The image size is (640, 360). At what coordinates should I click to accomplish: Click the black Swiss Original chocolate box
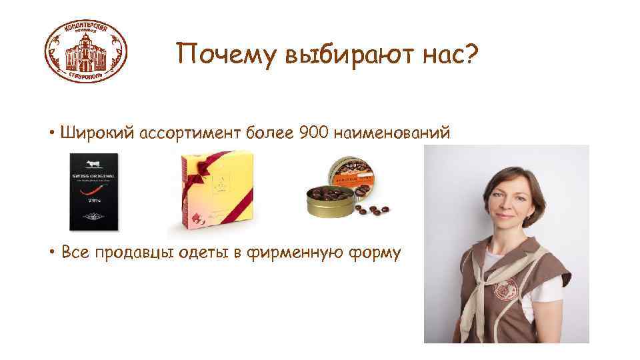94,192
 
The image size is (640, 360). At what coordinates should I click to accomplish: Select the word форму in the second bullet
377,254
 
